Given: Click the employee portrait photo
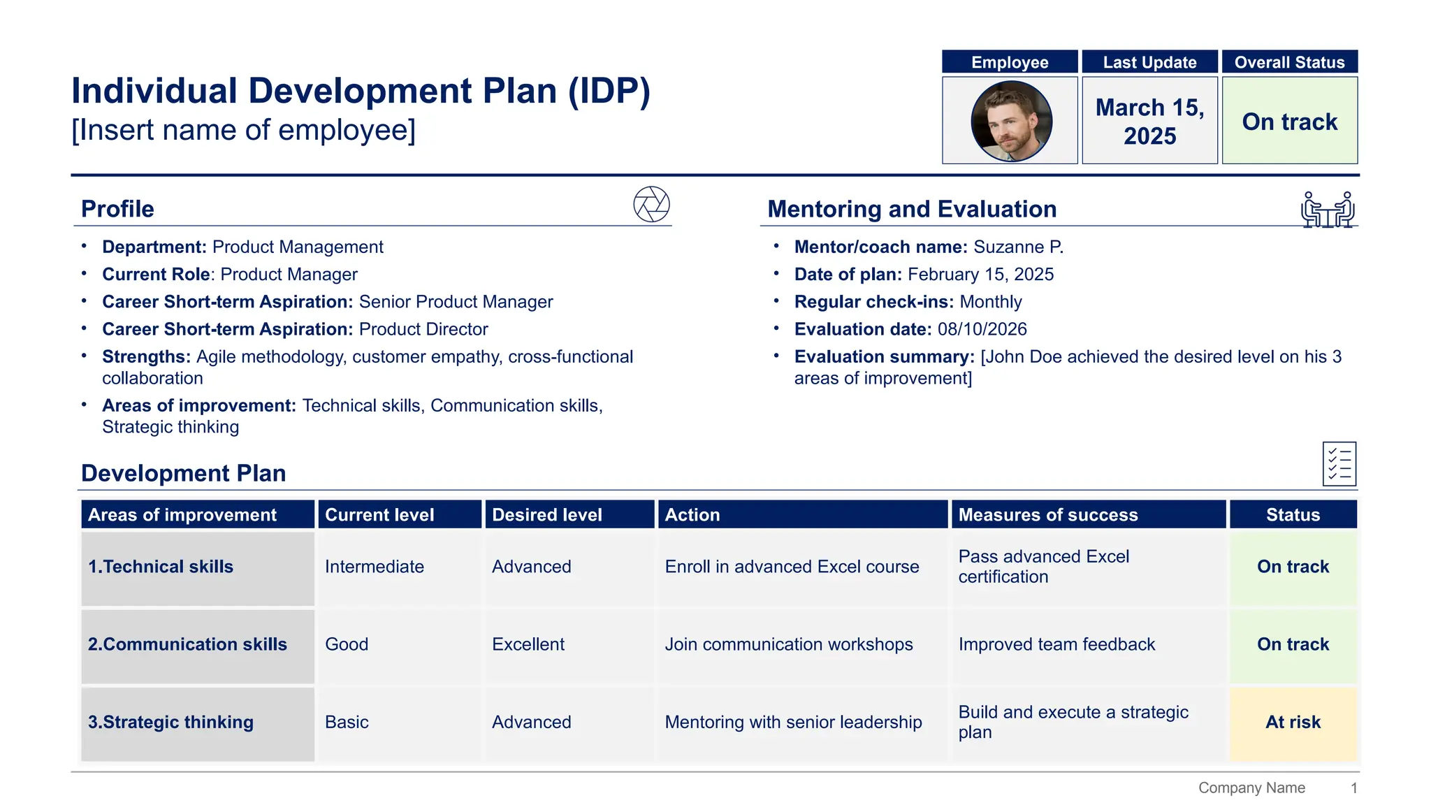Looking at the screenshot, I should [1011, 121].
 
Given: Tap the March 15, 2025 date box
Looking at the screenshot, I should [1149, 121].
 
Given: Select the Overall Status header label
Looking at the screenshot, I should [1289, 62].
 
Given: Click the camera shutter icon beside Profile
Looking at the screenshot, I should [651, 205].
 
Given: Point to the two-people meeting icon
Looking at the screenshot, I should [1328, 210].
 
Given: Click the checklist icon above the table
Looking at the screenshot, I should [1339, 464].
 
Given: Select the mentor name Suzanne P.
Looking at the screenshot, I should [1018, 247].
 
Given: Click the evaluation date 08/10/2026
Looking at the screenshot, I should [982, 329].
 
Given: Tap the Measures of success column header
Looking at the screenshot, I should [1048, 515].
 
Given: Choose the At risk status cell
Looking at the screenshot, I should [1293, 723].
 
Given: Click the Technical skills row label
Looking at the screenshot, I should [161, 567].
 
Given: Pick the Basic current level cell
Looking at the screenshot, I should [347, 723].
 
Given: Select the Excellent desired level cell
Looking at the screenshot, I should [528, 644].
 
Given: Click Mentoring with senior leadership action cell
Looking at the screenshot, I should [793, 723].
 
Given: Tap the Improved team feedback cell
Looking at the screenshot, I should [1056, 644].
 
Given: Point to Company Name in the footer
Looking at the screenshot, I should [1251, 788].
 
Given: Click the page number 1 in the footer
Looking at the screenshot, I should [1353, 788].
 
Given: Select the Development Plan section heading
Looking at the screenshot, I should [184, 473].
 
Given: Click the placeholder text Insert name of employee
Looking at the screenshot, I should [243, 131].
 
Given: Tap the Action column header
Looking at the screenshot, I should [692, 515].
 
